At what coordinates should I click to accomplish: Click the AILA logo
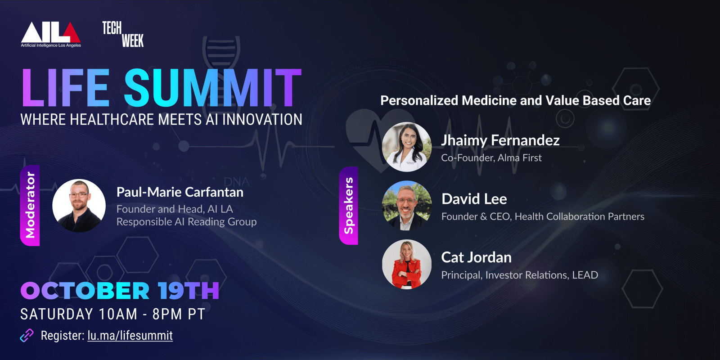pyautogui.click(x=51, y=35)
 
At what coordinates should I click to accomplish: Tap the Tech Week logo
pyautogui.click(x=123, y=34)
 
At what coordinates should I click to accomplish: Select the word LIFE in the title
pyautogui.click(x=65, y=88)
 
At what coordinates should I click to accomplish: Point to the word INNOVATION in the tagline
pyautogui.click(x=262, y=120)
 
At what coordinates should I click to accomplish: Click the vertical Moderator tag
pyautogui.click(x=30, y=206)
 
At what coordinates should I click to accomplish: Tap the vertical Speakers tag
pyautogui.click(x=349, y=206)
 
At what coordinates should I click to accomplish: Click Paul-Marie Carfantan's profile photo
pyautogui.click(x=79, y=206)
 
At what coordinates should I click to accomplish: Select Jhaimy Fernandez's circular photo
pyautogui.click(x=407, y=147)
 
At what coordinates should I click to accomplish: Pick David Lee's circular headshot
pyautogui.click(x=407, y=206)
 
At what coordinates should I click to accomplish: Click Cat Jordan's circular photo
pyautogui.click(x=407, y=264)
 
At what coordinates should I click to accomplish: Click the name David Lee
pyautogui.click(x=474, y=199)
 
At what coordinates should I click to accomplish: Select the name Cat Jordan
pyautogui.click(x=477, y=257)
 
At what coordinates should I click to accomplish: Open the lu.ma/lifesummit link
pyautogui.click(x=130, y=336)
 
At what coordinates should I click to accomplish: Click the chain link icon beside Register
pyautogui.click(x=27, y=336)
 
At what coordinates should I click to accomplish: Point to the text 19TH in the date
pyautogui.click(x=189, y=291)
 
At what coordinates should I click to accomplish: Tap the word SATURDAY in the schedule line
pyautogui.click(x=57, y=314)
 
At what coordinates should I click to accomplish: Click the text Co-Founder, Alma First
pyautogui.click(x=491, y=158)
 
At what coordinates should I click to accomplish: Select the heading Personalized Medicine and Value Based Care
pyautogui.click(x=516, y=101)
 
